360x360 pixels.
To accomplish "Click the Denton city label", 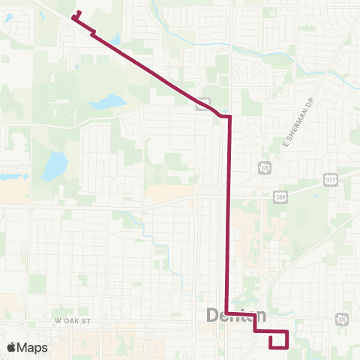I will [235, 316].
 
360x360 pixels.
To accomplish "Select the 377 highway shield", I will [330, 179].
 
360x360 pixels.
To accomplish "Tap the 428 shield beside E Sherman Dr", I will [264, 167].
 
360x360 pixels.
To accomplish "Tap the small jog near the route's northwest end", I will [92, 33].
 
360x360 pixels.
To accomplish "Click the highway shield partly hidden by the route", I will [202, 104].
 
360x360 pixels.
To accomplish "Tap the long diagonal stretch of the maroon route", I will [150, 70].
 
